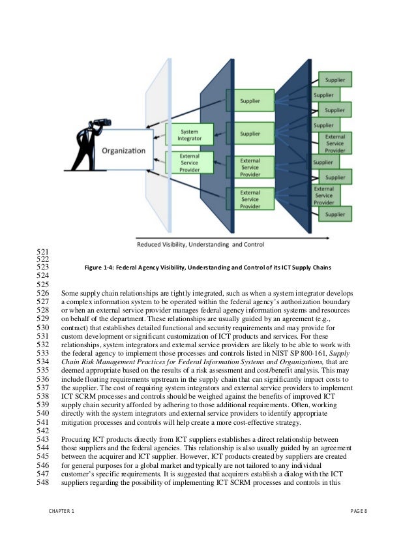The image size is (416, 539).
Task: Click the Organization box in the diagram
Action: click(x=123, y=151)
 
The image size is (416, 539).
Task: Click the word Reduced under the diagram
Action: click(x=152, y=245)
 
